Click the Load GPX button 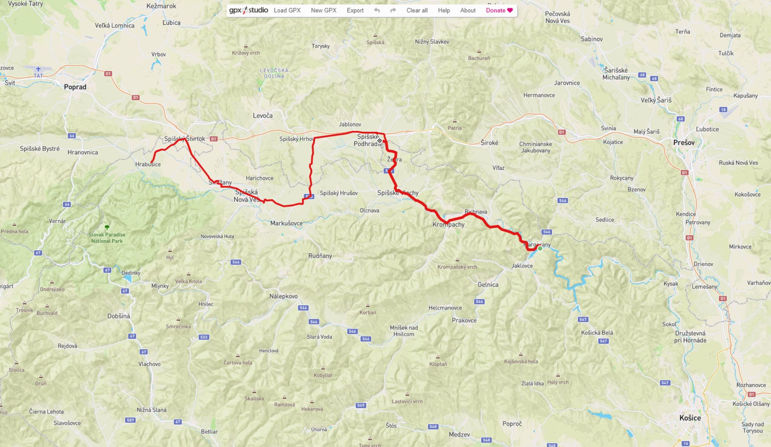[x=287, y=10]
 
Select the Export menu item [x=355, y=10]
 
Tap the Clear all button [x=417, y=10]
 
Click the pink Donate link [x=499, y=10]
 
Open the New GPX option [x=323, y=10]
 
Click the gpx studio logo [x=249, y=10]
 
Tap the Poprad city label [x=75, y=87]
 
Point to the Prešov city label [x=684, y=143]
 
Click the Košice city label [x=690, y=418]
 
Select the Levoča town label [x=263, y=116]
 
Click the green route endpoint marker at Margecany [x=540, y=249]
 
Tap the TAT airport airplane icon [x=38, y=69]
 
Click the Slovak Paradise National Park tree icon [x=107, y=227]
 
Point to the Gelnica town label [x=488, y=284]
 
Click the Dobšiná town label [x=118, y=316]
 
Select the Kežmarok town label [x=161, y=6]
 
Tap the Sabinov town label [x=592, y=39]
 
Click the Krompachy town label [x=449, y=225]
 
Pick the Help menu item [x=444, y=10]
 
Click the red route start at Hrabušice [x=151, y=162]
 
